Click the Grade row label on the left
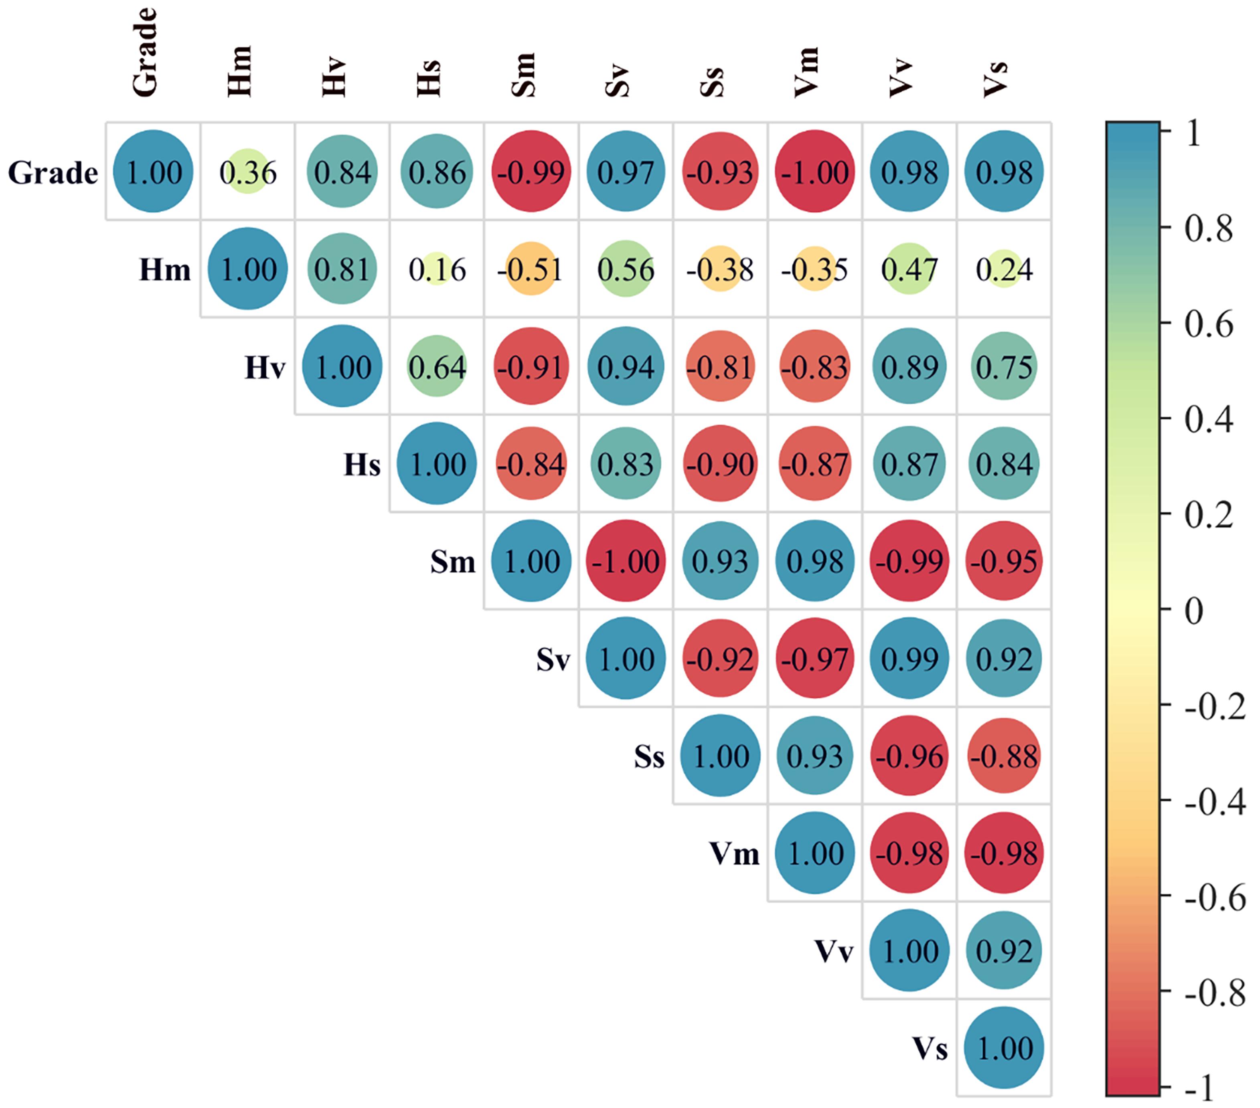pos(53,172)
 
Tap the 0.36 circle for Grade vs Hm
pos(247,171)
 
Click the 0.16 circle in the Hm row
pos(436,269)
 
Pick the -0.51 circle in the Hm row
pos(531,269)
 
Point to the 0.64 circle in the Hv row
pos(436,367)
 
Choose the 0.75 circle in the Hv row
pos(1004,367)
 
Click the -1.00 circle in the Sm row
pos(626,561)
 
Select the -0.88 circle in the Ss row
pos(1004,756)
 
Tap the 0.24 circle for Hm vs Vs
pos(1004,269)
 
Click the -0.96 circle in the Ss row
pos(909,756)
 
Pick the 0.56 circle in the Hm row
pos(626,269)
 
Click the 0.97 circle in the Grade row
pos(626,171)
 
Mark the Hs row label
pos(362,465)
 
